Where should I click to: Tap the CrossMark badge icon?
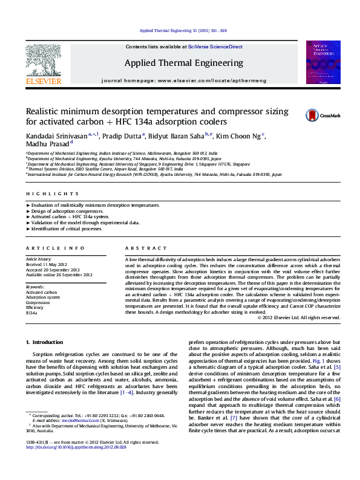[313, 115]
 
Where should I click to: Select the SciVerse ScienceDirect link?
[215, 47]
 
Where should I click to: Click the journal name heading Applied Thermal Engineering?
[184, 63]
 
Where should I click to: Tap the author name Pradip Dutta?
[127, 135]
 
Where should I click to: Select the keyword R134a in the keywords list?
[31, 313]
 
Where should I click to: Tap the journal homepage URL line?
[183, 80]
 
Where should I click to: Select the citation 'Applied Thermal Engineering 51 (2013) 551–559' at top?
[183, 30]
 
